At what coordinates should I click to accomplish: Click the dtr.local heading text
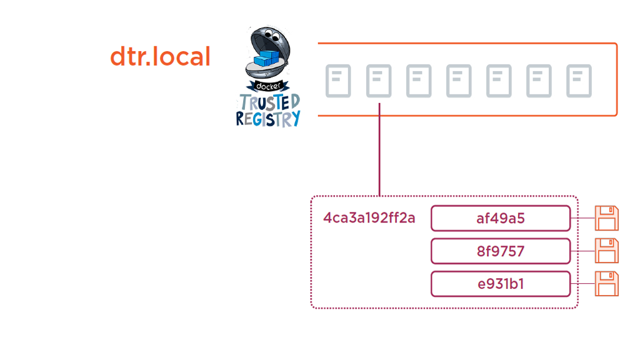pos(160,57)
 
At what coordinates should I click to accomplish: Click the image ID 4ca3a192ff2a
pos(369,218)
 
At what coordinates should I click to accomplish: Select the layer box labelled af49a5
pos(501,218)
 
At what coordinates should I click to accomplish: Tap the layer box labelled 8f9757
pos(501,251)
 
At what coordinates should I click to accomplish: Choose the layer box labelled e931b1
pos(501,284)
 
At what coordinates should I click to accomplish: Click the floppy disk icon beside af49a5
pos(606,218)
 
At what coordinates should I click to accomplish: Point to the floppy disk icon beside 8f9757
pos(606,251)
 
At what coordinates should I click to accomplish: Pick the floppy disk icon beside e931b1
pos(606,284)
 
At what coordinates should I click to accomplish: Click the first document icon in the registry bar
pos(338,81)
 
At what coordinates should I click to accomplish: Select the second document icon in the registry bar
pos(379,81)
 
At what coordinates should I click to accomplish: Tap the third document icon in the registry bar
pos(419,81)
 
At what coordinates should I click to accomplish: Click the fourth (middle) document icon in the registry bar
pos(459,81)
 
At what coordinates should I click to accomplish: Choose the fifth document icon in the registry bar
pos(499,81)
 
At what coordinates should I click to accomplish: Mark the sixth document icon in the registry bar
pos(539,81)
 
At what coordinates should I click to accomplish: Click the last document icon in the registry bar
pos(579,81)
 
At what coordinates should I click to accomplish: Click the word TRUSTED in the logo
pos(269,102)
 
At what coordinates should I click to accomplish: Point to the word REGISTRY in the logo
pos(268,118)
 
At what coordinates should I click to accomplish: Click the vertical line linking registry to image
pos(379,153)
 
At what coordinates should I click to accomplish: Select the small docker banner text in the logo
pos(268,86)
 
